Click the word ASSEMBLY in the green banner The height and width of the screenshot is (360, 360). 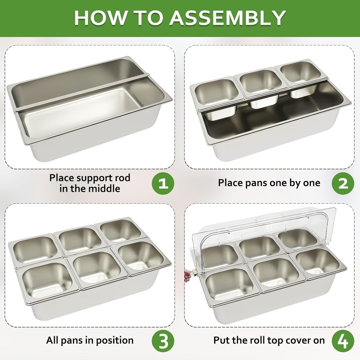click(x=227, y=18)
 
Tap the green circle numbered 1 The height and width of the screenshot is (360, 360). click(x=163, y=184)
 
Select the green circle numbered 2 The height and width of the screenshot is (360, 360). click(x=343, y=184)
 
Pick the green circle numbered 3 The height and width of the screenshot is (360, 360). click(x=163, y=341)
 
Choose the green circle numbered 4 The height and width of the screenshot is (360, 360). click(x=343, y=341)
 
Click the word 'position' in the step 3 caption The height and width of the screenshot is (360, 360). click(x=115, y=340)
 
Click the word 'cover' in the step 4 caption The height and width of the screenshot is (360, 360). click(x=293, y=341)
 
